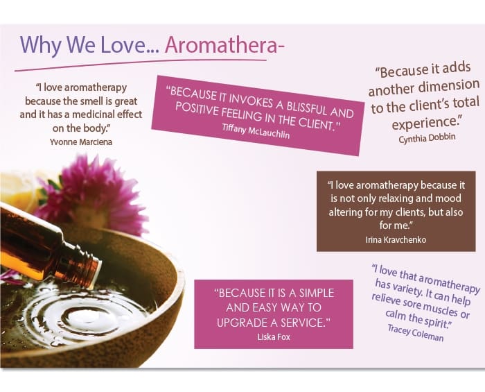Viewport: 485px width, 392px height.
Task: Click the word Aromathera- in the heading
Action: click(x=225, y=44)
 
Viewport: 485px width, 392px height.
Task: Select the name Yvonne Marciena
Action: click(x=81, y=142)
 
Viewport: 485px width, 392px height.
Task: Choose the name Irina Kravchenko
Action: click(x=396, y=239)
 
